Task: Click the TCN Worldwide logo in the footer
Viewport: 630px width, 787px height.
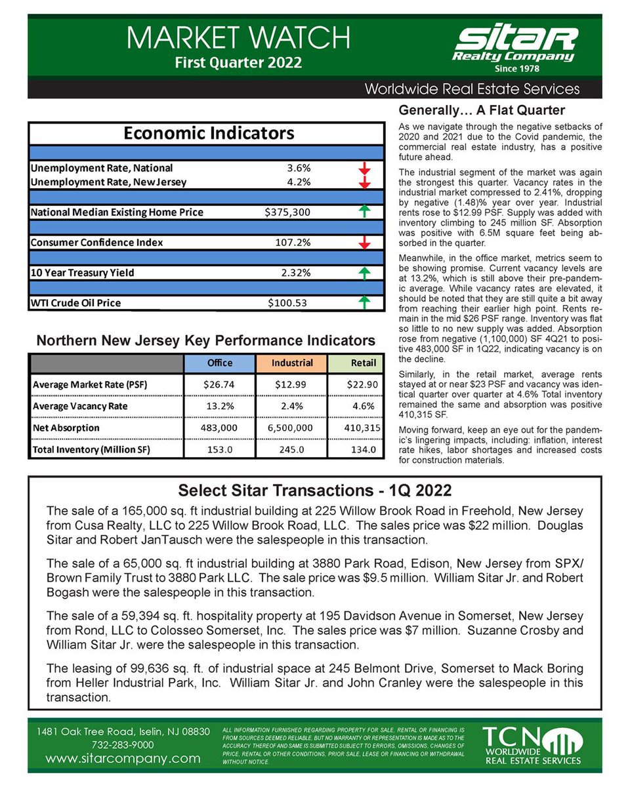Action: point(532,745)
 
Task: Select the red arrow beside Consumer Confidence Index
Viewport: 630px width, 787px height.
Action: point(365,243)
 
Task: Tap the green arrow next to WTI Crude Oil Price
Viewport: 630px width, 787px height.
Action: point(365,302)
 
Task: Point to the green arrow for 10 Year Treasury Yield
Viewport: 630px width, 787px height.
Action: point(365,273)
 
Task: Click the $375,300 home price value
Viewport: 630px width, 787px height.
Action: point(287,212)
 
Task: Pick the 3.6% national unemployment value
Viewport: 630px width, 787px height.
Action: point(296,168)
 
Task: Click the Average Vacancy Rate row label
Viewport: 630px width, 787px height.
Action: point(80,406)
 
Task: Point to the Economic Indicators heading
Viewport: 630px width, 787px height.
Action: point(209,134)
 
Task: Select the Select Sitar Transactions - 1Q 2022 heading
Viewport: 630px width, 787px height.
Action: point(314,491)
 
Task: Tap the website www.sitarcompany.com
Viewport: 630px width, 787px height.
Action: point(123,759)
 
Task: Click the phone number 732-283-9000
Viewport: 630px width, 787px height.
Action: point(123,744)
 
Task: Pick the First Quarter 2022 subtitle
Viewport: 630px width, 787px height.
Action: point(238,63)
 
